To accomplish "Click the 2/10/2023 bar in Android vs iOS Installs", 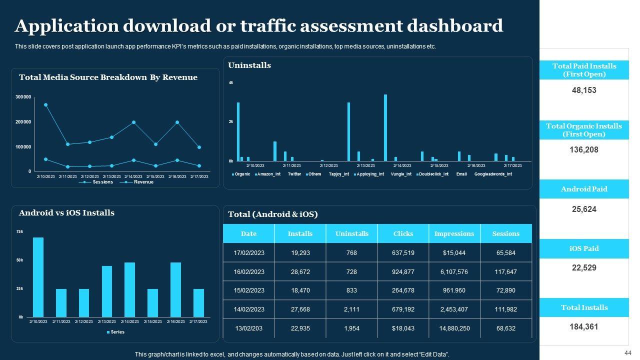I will click(38, 277).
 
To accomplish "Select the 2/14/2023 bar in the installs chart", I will click(129, 289).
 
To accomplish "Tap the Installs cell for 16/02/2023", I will click(300, 271).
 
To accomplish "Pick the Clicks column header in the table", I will click(403, 233).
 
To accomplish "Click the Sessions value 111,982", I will click(506, 309).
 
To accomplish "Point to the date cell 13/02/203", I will click(249, 328).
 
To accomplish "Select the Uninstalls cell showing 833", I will click(352, 290).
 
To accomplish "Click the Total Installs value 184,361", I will click(584, 327).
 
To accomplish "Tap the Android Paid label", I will click(584, 189).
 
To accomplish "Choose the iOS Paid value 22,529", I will click(584, 268).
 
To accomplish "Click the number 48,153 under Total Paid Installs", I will click(584, 90).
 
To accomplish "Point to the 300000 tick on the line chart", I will click(23, 97).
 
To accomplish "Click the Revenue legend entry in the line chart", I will click(143, 182).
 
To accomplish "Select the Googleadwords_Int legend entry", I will click(493, 174).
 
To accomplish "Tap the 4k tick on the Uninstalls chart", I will click(231, 82).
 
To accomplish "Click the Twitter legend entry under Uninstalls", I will click(294, 174).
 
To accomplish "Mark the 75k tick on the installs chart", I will click(20, 232).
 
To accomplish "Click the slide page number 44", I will click(628, 352).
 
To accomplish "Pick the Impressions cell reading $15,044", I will click(454, 253).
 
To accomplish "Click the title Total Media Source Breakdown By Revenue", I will click(108, 77).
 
